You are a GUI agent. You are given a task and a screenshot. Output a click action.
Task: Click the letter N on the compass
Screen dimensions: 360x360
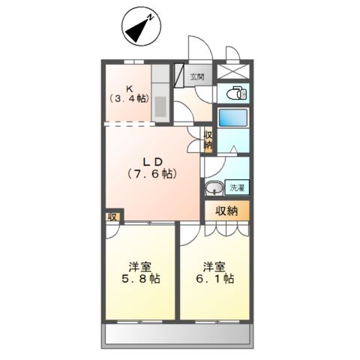pyautogui.click(x=151, y=17)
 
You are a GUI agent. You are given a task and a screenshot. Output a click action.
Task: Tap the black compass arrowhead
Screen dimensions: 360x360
pyautogui.click(x=137, y=31)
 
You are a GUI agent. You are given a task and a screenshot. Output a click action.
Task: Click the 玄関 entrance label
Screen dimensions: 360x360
pyautogui.click(x=197, y=76)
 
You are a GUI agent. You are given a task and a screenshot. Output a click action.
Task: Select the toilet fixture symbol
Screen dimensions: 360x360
pyautogui.click(x=236, y=93)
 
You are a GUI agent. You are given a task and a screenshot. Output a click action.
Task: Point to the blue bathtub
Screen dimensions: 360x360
pyautogui.click(x=233, y=118)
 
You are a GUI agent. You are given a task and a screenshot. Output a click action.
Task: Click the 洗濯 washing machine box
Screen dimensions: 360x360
pyautogui.click(x=237, y=187)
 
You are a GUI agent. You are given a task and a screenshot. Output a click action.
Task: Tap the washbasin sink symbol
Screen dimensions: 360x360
pyautogui.click(x=214, y=188)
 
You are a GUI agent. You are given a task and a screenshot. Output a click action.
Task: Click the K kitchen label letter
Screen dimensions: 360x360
pyautogui.click(x=129, y=88)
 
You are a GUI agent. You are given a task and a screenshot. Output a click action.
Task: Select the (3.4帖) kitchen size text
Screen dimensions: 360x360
pyautogui.click(x=129, y=98)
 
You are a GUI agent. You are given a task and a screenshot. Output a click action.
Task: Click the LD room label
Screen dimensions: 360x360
pyautogui.click(x=153, y=162)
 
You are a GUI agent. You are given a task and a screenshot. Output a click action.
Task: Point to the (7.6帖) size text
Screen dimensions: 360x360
pyautogui.click(x=152, y=173)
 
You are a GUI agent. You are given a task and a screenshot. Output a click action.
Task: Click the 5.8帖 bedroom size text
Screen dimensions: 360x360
pyautogui.click(x=141, y=278)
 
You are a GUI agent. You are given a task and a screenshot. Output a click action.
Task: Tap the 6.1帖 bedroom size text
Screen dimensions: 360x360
pyautogui.click(x=215, y=278)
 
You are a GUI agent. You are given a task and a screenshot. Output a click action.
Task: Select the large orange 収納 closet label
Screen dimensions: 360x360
pyautogui.click(x=226, y=211)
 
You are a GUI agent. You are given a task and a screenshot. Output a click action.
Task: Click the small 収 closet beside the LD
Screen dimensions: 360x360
pyautogui.click(x=112, y=217)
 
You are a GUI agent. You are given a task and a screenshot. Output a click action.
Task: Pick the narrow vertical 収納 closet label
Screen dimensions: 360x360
pyautogui.click(x=208, y=140)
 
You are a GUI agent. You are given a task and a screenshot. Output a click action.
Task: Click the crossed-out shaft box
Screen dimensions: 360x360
pyautogui.click(x=233, y=71)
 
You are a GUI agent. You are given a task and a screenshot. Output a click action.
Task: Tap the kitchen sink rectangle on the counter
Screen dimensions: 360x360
pyautogui.click(x=160, y=106)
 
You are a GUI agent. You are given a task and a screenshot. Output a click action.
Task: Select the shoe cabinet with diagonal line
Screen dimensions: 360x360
pyautogui.click(x=179, y=76)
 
